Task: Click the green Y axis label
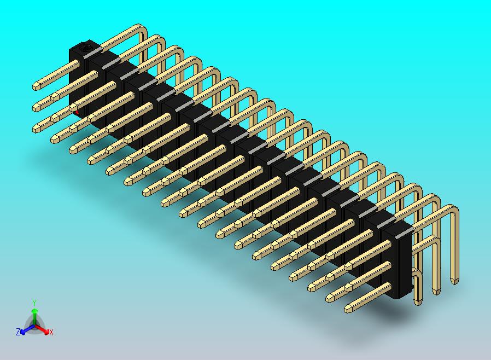[34, 303]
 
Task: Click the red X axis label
[51, 332]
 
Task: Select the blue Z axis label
[18, 332]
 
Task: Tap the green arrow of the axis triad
[35, 316]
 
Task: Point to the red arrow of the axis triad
[42, 329]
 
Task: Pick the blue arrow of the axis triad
[27, 329]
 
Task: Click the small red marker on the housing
[77, 112]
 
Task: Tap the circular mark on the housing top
[85, 48]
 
